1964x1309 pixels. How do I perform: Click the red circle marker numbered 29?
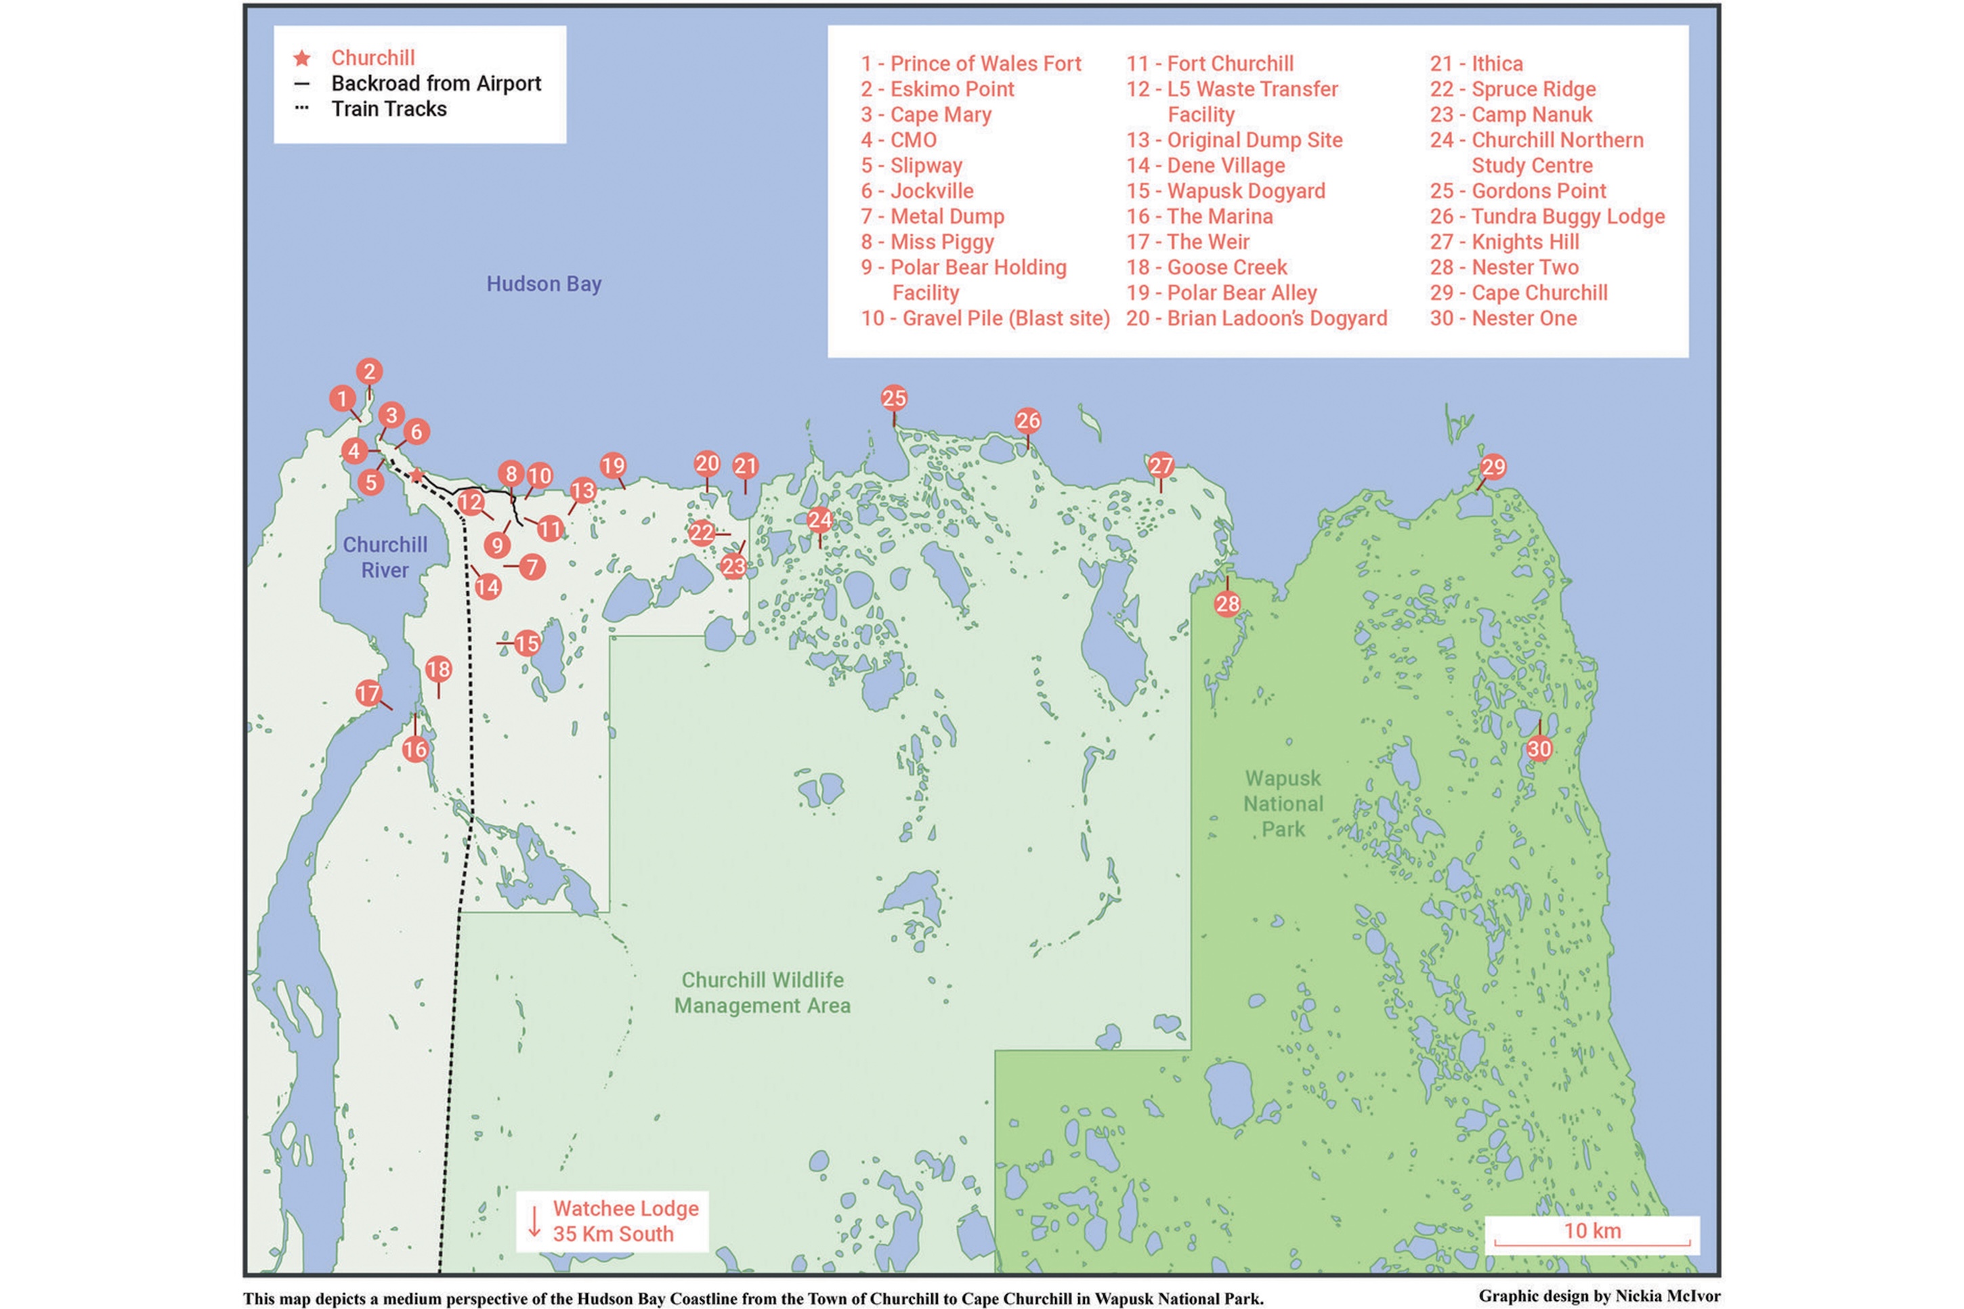click(x=1493, y=467)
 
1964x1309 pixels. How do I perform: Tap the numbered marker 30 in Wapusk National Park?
click(x=1538, y=749)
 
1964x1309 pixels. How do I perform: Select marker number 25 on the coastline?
click(x=893, y=398)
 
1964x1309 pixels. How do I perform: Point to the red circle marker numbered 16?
click(x=415, y=750)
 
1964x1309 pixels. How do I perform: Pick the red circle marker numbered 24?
click(x=819, y=520)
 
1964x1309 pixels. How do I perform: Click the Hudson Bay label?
click(x=543, y=284)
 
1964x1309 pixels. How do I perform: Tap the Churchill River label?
click(x=385, y=557)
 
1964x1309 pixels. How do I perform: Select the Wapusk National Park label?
click(x=1282, y=803)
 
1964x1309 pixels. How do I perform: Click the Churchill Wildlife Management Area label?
click(x=762, y=993)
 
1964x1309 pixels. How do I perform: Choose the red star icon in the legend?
click(x=302, y=58)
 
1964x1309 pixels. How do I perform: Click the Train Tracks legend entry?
click(x=388, y=109)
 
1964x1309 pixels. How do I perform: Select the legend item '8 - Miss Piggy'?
click(x=927, y=242)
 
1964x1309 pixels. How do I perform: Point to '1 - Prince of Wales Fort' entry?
click(x=970, y=64)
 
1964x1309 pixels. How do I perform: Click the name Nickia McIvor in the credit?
click(x=1667, y=1295)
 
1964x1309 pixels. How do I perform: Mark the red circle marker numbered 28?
click(x=1226, y=603)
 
